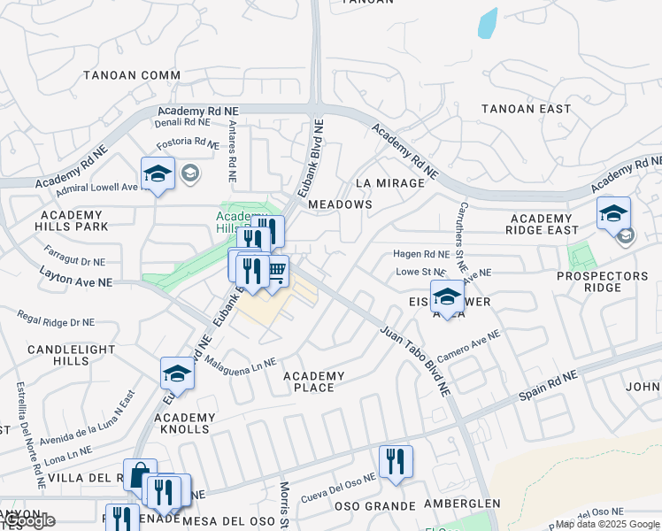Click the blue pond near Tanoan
tap(488, 24)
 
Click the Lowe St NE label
tap(420, 272)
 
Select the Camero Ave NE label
tap(468, 347)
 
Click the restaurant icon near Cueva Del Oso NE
tap(396, 461)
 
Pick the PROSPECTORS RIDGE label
tap(602, 282)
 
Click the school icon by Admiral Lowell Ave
tap(158, 173)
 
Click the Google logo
tap(28, 520)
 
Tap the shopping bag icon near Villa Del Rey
tap(139, 475)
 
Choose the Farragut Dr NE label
tap(74, 258)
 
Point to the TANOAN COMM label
tap(132, 76)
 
